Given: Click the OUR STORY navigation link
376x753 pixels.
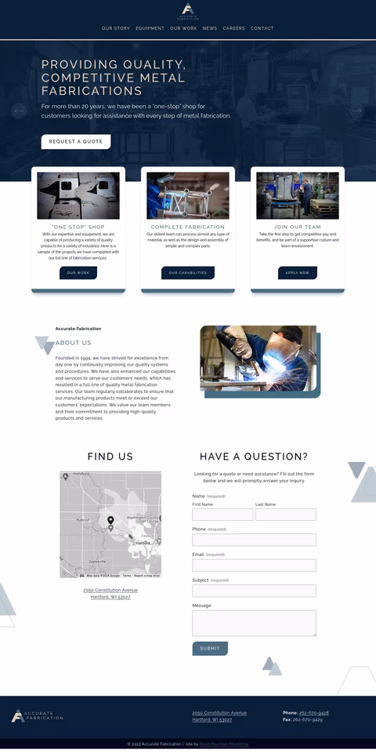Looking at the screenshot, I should tap(116, 28).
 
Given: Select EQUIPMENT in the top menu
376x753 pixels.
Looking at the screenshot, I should tap(150, 28).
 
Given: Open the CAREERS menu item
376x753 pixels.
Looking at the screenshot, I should tap(233, 28).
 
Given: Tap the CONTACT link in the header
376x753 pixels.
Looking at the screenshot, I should tap(262, 28).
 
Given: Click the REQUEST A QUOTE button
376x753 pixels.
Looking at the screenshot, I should tap(76, 142).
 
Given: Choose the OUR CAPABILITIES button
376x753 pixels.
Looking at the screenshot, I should tap(188, 273).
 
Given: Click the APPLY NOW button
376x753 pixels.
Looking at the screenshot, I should tap(298, 273).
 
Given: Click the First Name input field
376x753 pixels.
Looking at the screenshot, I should tap(222, 515).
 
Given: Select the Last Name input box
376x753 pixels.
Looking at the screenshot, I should tap(286, 515).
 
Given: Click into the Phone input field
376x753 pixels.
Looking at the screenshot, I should tap(254, 540).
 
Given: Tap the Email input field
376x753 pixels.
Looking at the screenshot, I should tap(254, 566).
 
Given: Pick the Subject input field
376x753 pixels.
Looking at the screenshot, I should tap(254, 591).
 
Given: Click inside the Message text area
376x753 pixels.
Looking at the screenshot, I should tap(254, 623).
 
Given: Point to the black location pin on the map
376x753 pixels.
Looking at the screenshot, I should tap(110, 520).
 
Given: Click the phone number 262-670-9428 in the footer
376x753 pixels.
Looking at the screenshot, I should tap(313, 713).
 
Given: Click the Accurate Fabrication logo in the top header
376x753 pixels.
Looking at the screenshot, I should tap(188, 11).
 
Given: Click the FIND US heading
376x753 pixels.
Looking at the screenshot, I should tap(110, 457).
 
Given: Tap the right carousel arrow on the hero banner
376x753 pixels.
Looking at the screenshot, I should tap(356, 111).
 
